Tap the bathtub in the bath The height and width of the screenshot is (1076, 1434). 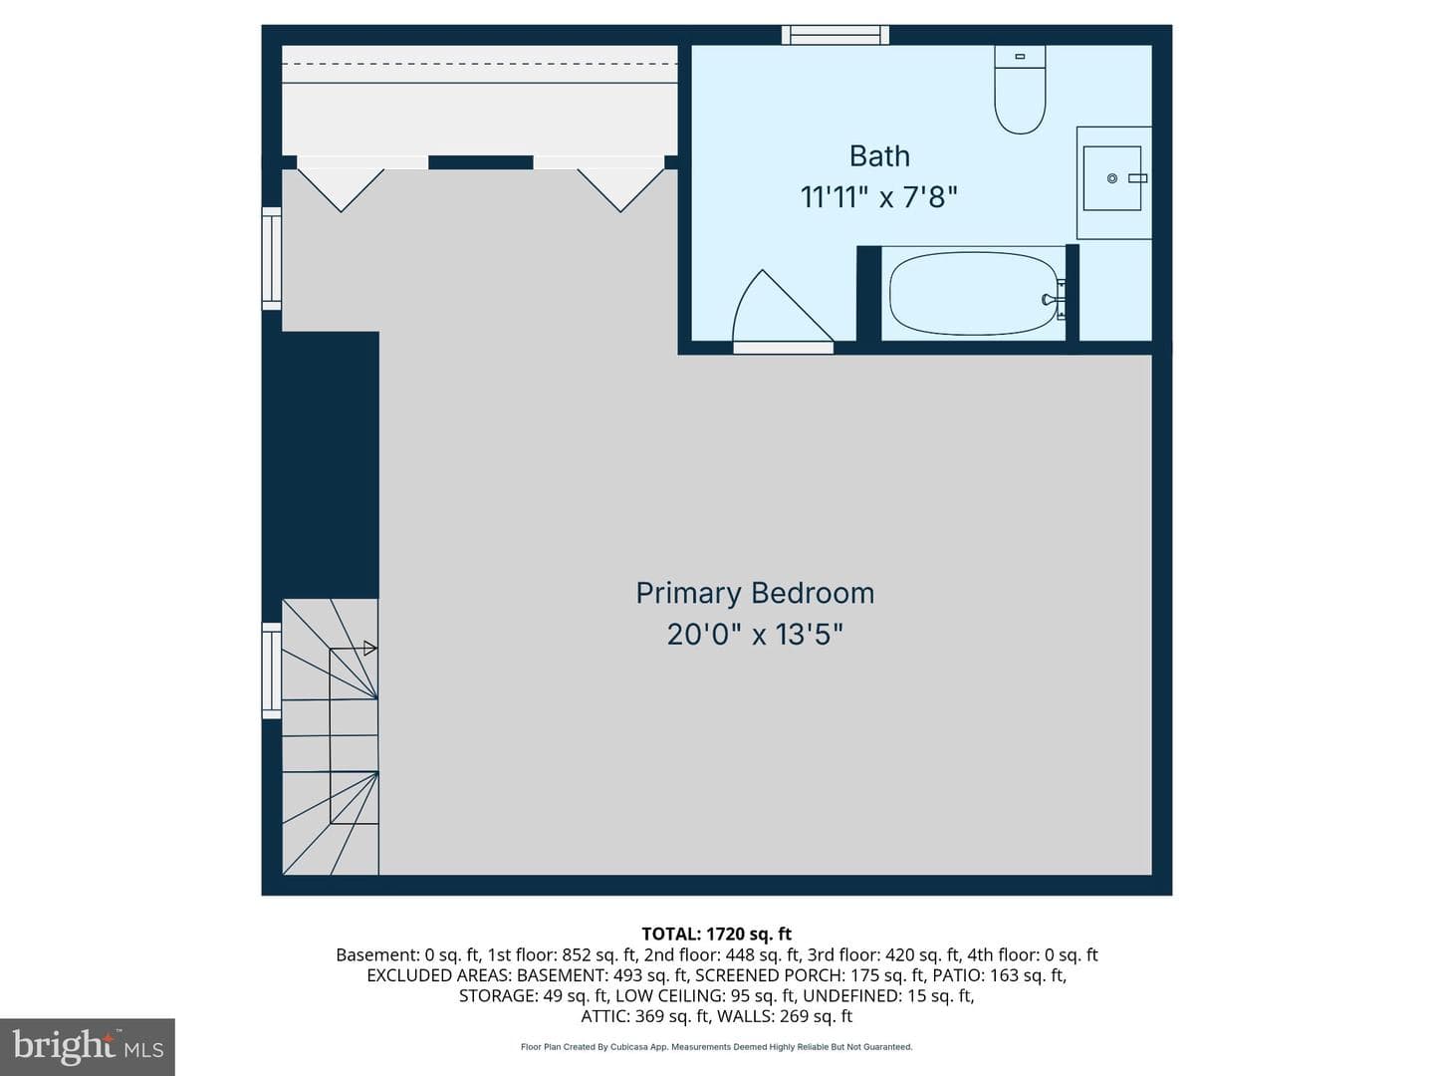973,294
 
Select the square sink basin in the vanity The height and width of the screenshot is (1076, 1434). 1112,178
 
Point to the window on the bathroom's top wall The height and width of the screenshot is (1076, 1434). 835,35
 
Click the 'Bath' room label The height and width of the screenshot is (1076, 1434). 879,156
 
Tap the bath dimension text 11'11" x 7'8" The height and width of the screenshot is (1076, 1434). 878,196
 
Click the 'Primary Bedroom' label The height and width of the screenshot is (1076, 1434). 755,593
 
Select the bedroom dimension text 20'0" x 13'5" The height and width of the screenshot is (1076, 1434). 755,635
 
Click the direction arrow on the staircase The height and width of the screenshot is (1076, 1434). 369,648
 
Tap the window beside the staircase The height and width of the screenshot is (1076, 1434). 272,671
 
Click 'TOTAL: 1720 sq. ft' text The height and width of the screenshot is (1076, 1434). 716,934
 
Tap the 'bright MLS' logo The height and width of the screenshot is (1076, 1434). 88,1046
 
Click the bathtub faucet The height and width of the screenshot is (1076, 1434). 1053,300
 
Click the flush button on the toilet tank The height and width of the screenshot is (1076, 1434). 1020,57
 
